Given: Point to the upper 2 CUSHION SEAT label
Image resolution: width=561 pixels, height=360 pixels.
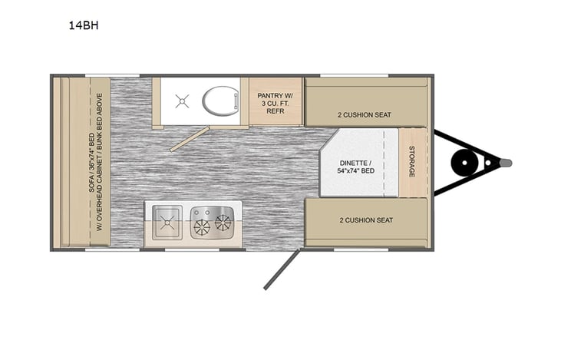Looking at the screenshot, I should tap(365, 115).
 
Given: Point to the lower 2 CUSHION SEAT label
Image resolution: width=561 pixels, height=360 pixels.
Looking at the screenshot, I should tap(366, 220).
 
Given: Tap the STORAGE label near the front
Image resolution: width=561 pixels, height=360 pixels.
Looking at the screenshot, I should tap(412, 162).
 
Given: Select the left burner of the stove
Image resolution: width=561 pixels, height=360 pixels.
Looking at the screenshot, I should tap(203, 226).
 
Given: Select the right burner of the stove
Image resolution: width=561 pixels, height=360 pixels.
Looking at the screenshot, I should tap(223, 222).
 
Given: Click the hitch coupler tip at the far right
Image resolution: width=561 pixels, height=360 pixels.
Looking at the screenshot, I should tap(507, 162).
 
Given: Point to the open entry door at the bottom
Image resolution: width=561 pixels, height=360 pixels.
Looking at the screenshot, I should tap(278, 268).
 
